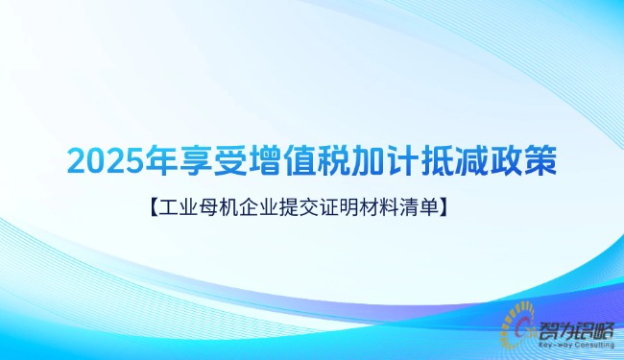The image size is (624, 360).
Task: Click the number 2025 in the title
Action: [x=101, y=160]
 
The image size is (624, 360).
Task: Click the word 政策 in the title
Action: [x=520, y=160]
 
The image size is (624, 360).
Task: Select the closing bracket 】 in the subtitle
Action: [x=446, y=205]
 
